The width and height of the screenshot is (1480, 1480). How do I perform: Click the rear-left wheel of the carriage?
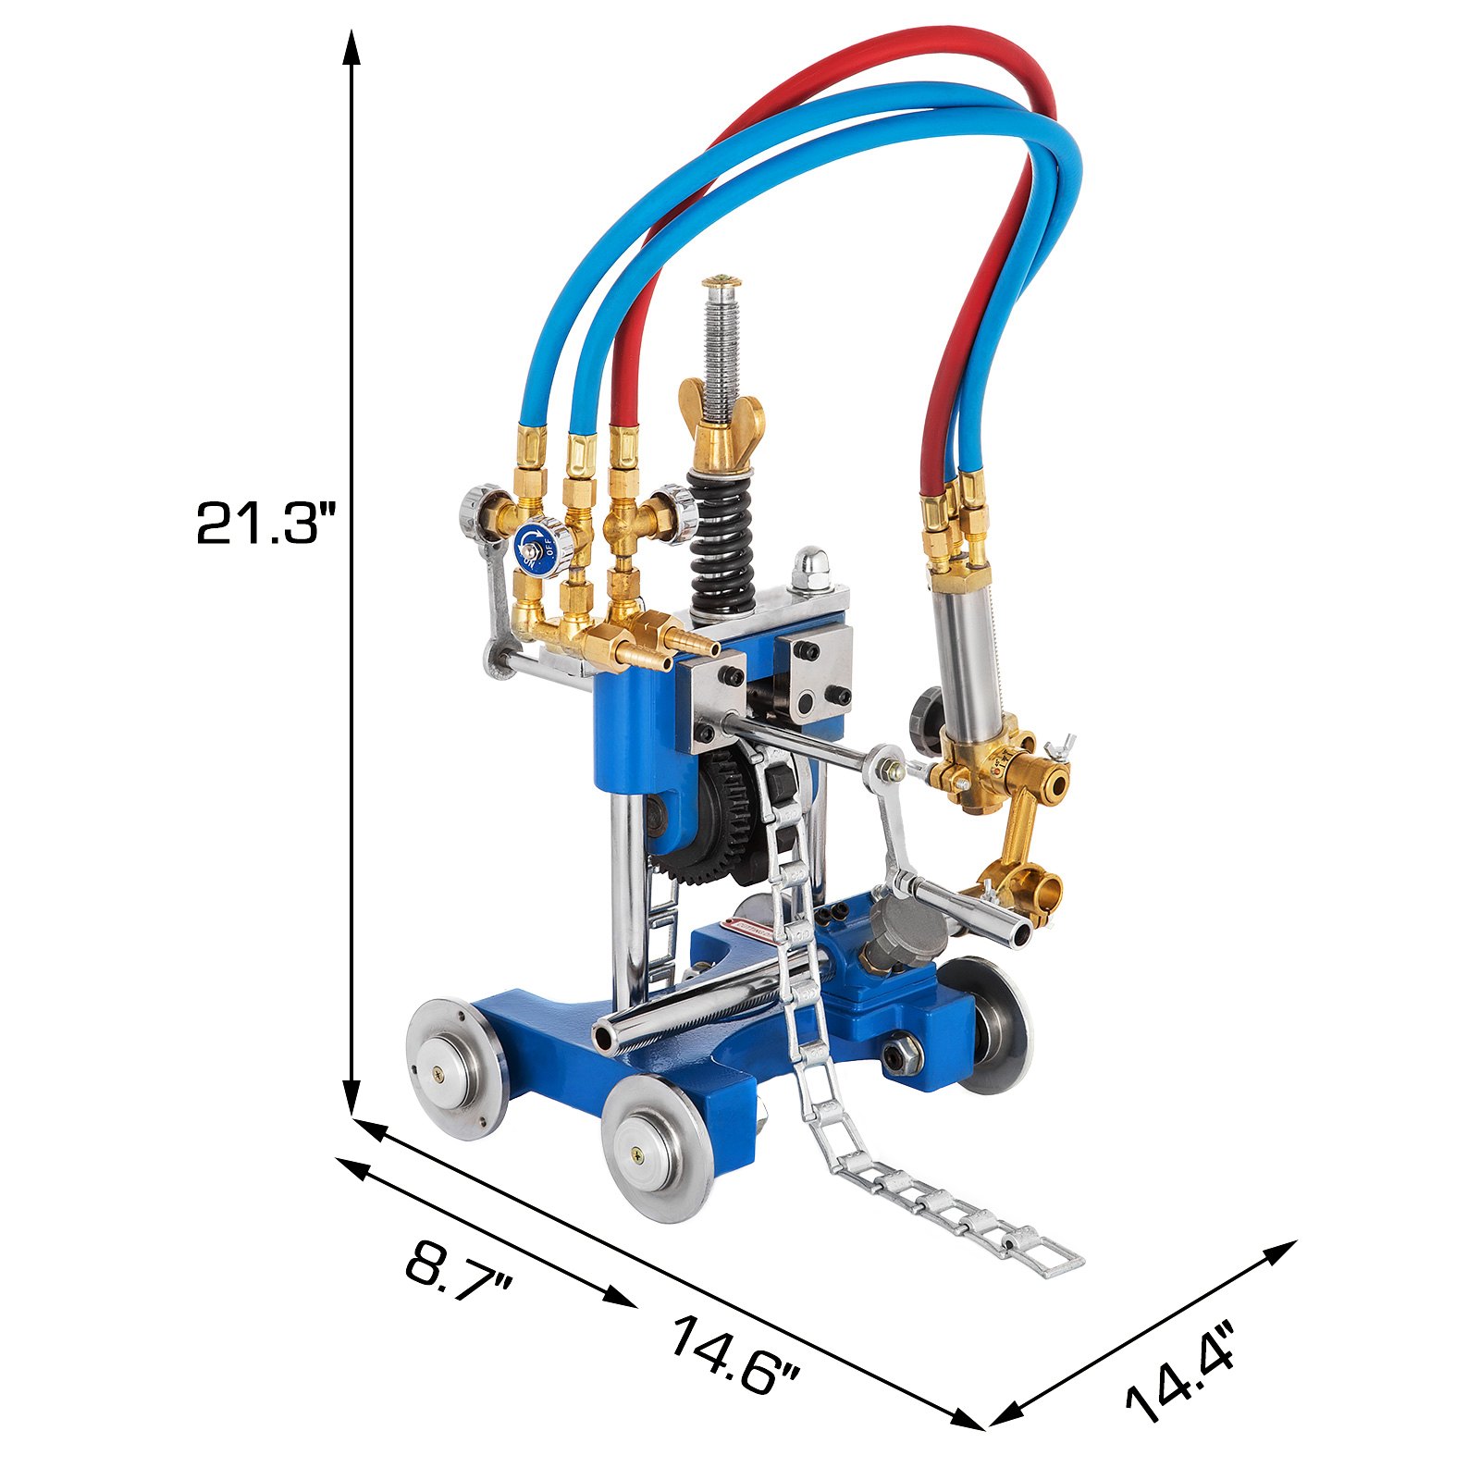[x=456, y=1067]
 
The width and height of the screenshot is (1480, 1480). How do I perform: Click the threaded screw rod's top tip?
[x=721, y=280]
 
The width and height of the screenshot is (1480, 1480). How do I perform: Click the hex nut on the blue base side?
[x=902, y=1054]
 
